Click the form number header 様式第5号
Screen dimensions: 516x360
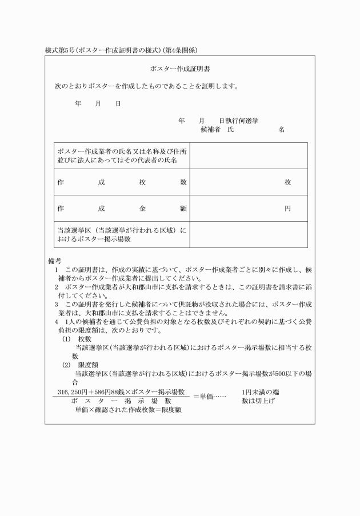click(x=59, y=50)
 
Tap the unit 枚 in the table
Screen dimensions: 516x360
click(x=288, y=182)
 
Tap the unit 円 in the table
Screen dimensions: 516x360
click(x=288, y=209)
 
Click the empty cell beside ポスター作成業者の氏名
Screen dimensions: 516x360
click(x=248, y=156)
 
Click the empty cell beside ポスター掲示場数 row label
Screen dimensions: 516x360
click(x=248, y=234)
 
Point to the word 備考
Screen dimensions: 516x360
click(x=55, y=261)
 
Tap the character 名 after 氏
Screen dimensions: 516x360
click(x=282, y=130)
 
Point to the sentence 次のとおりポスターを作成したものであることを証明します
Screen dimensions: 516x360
click(x=146, y=87)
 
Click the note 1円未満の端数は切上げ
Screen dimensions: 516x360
click(x=260, y=396)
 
